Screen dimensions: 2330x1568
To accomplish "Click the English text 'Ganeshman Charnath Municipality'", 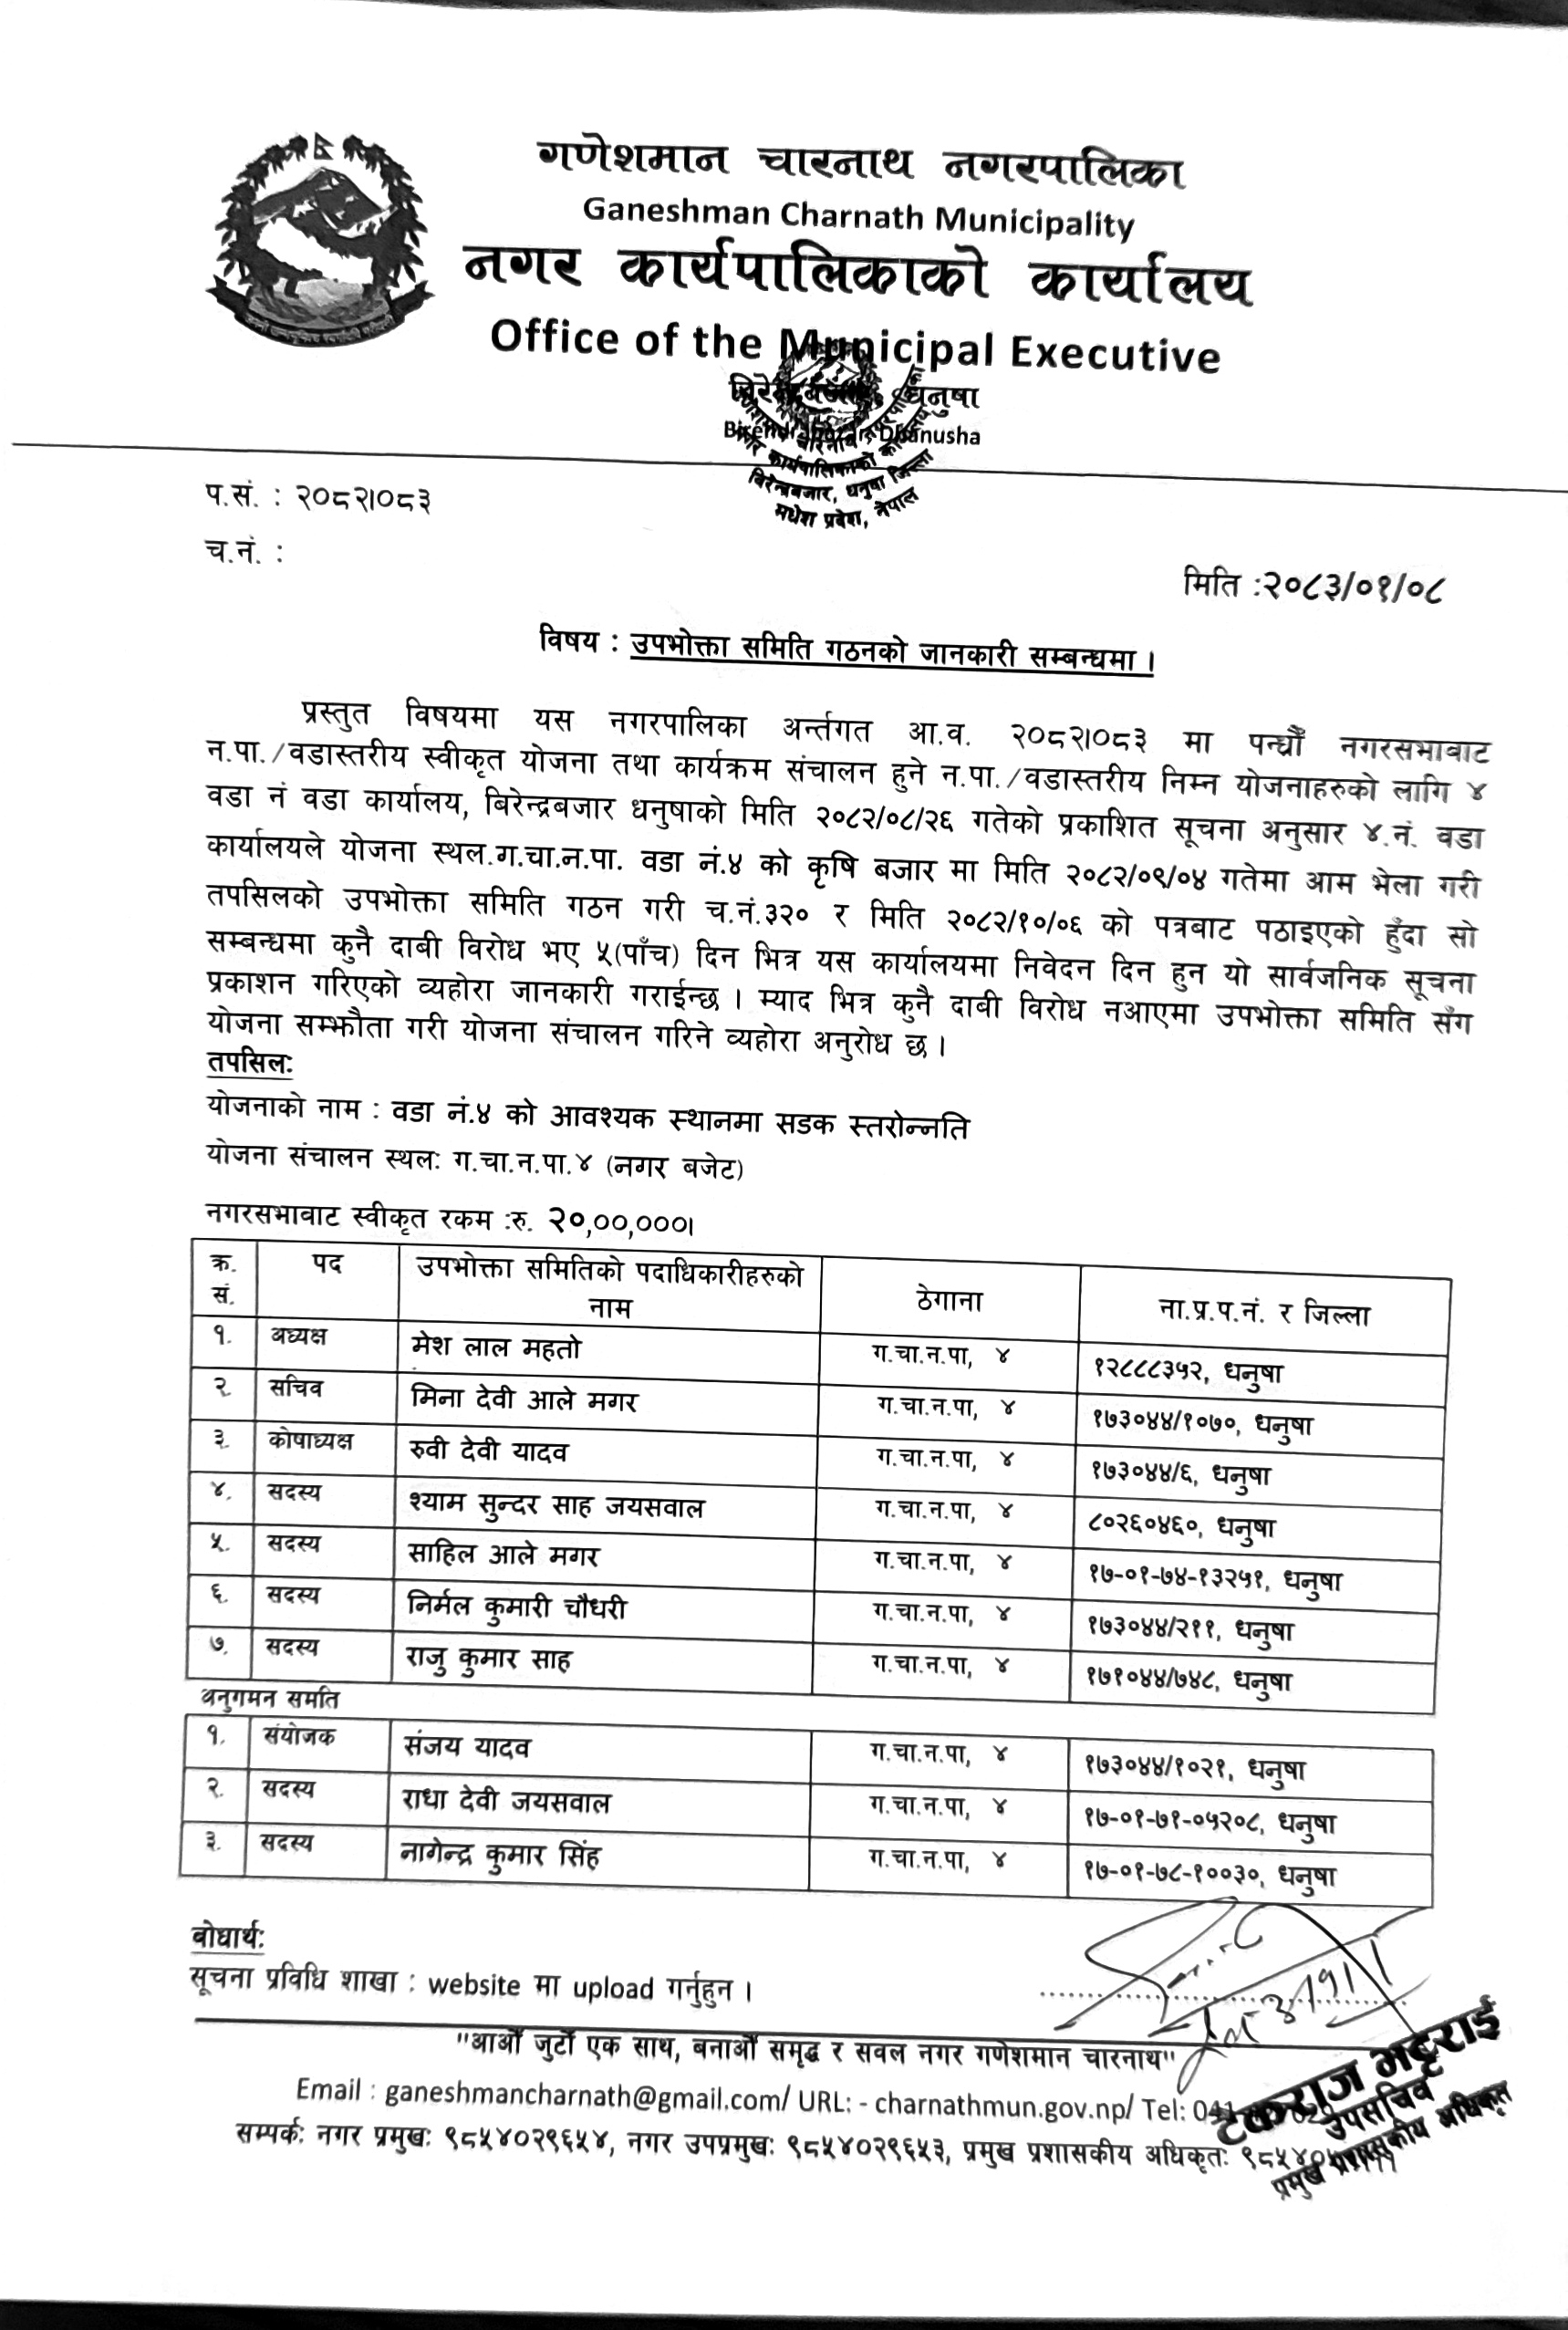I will tap(858, 216).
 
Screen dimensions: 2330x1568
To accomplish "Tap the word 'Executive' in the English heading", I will tap(1115, 354).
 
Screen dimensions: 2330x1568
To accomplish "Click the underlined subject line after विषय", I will tap(891, 656).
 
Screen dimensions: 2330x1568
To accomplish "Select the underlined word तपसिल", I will tap(250, 1064).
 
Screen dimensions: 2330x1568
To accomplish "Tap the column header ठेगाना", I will tap(948, 1301).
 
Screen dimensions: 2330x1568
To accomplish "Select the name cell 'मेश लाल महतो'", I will tap(496, 1349).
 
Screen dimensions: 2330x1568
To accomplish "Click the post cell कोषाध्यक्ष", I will tap(310, 1441).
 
